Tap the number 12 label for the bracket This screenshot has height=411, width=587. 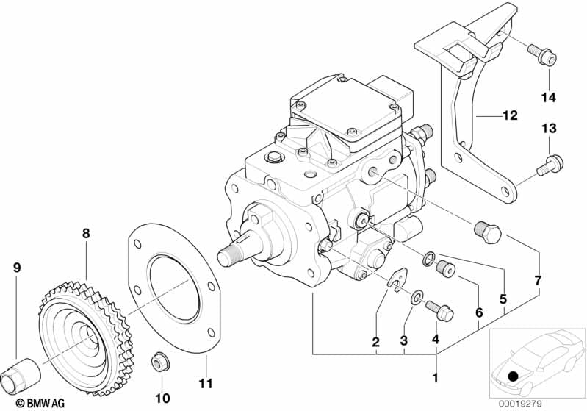(x=509, y=115)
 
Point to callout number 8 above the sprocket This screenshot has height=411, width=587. (x=86, y=233)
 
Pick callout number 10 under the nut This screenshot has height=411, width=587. (x=162, y=398)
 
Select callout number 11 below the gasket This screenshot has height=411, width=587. (x=206, y=383)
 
